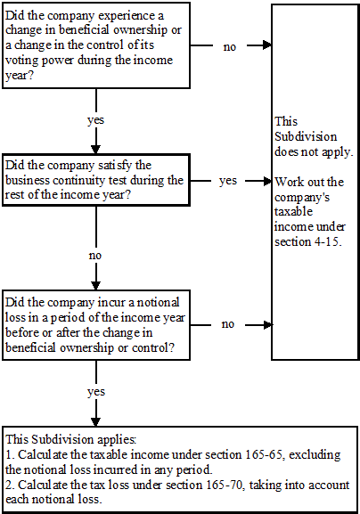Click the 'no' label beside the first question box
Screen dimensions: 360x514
coord(230,47)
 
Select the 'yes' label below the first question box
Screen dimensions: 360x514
coord(95,120)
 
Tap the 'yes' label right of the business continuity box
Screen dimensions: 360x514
coord(228,181)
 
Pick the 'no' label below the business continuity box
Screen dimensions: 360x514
coord(95,256)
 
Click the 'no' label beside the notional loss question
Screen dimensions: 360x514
coord(228,324)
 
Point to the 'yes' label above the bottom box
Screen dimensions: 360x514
coord(96,392)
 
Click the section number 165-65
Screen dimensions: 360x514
coord(261,454)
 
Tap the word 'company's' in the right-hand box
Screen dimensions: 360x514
coord(302,198)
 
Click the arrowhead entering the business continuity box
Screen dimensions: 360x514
coord(95,150)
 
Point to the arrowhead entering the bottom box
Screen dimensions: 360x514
coord(95,421)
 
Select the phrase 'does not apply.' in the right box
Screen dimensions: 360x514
coord(314,152)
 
